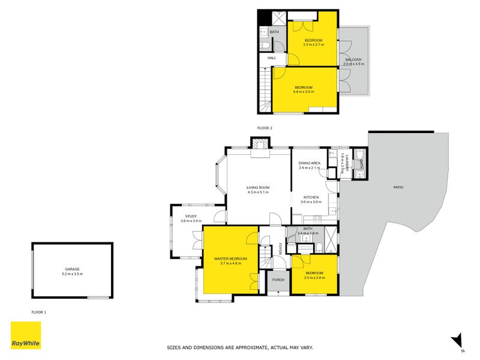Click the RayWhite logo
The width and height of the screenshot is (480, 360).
click(x=26, y=335)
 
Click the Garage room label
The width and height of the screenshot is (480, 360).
click(x=72, y=269)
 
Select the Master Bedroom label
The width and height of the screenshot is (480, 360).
click(x=230, y=259)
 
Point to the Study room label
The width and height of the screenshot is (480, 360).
click(x=191, y=216)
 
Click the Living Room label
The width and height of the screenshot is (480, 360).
click(x=258, y=188)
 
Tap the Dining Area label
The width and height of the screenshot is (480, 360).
click(x=310, y=163)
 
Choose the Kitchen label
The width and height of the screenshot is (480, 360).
click(x=310, y=197)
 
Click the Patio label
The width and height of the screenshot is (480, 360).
click(x=398, y=187)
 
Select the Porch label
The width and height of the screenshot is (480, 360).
click(x=278, y=280)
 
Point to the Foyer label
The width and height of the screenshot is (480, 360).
click(x=279, y=248)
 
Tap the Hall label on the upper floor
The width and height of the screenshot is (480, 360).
click(x=271, y=58)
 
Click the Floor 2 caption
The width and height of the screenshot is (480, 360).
click(x=265, y=128)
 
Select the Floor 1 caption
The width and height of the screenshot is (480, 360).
click(x=39, y=312)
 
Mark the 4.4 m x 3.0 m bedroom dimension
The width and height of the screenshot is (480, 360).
click(x=304, y=92)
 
